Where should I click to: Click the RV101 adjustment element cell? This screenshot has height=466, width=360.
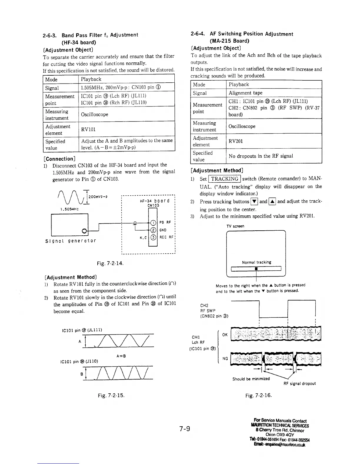point(88,129)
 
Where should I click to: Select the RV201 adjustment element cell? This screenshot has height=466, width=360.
point(236,141)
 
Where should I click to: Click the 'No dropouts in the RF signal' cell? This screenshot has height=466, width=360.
point(261,156)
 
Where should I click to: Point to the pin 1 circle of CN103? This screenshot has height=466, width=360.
point(153,222)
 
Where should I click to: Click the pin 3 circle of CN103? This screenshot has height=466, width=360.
point(153,237)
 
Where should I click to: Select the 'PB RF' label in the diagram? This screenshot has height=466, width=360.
point(165,222)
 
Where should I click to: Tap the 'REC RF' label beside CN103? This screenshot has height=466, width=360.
point(167,237)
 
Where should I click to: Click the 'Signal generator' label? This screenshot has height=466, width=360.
point(71,241)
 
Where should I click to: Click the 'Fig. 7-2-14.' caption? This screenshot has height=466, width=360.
point(110,263)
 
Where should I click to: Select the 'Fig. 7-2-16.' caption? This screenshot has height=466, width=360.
point(259,395)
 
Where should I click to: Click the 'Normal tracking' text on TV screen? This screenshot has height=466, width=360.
point(256,262)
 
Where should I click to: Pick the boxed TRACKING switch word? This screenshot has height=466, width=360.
point(225,179)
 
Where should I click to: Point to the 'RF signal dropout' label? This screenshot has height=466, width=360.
point(300,384)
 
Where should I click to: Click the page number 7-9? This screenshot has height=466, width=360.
point(185,429)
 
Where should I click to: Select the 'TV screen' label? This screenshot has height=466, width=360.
point(235,226)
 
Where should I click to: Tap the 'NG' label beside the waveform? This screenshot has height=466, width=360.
point(225,358)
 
